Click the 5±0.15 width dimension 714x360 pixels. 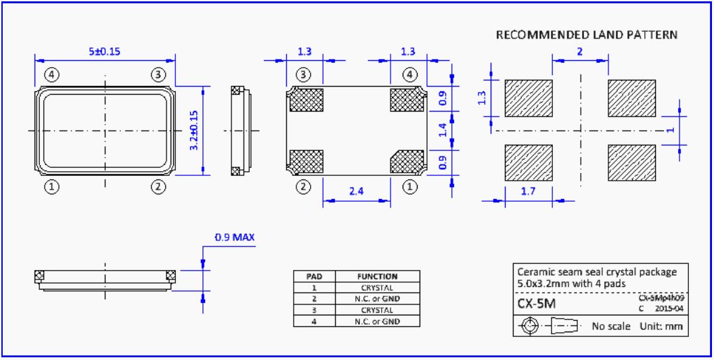(x=106, y=51)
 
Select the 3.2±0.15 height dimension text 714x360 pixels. (x=194, y=130)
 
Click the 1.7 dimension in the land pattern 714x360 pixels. (x=529, y=192)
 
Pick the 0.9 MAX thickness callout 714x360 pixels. (x=234, y=237)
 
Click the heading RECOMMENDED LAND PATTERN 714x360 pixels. (x=587, y=35)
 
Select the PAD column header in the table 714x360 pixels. (x=314, y=276)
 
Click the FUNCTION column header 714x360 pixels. (x=377, y=276)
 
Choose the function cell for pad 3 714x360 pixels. (x=377, y=310)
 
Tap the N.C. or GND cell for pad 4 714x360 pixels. (x=377, y=321)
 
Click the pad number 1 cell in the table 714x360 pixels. (x=314, y=288)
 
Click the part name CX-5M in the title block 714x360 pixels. (x=536, y=304)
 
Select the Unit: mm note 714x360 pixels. (x=662, y=326)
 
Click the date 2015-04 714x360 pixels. (x=670, y=308)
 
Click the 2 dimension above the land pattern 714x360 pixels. (x=579, y=51)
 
